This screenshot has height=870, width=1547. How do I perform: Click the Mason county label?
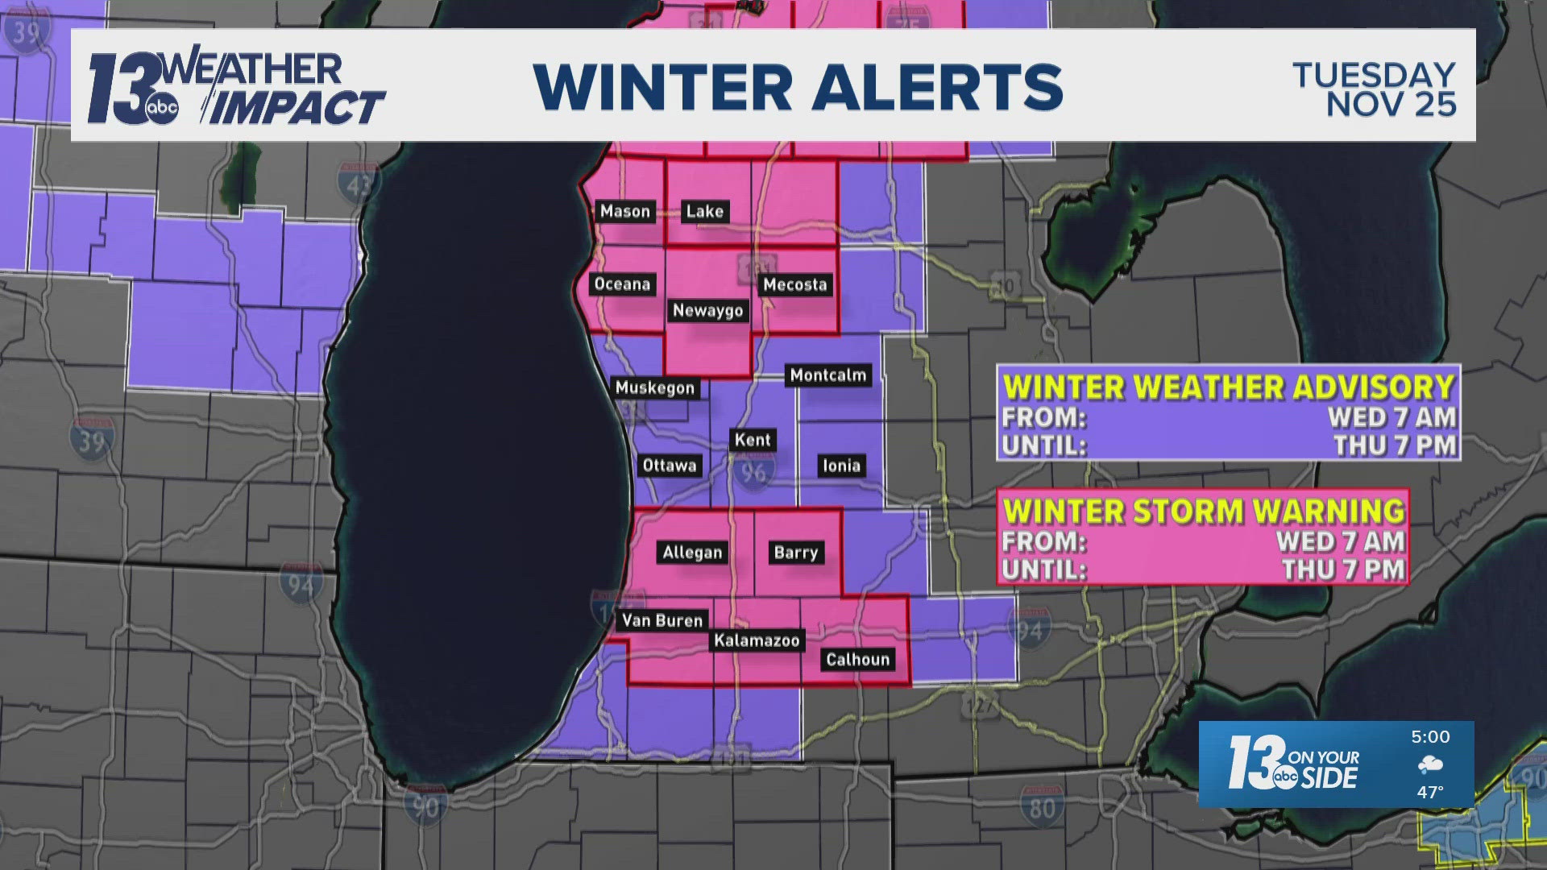624,212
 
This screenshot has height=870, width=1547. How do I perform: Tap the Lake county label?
704,212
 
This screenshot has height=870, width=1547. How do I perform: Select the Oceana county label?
622,284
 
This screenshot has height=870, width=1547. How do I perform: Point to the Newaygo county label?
707,311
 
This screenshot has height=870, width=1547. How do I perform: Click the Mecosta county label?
794,284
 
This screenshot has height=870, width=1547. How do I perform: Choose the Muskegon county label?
654,388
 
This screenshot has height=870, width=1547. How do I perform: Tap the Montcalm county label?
827,375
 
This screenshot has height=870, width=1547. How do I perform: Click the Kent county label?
753,440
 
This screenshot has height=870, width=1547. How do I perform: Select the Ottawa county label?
669,466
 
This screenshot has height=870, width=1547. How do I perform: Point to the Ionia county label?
841,466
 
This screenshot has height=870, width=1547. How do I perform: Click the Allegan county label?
692,553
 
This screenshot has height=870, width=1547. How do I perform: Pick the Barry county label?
795,553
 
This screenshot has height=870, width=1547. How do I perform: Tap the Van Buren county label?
662,620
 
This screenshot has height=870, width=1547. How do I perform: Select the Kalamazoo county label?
756,641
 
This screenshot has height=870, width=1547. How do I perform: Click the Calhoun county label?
857,660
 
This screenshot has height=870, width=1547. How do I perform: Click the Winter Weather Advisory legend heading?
1228,387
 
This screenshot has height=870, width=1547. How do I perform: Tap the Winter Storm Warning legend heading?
1204,512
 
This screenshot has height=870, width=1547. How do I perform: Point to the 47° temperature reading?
1430,793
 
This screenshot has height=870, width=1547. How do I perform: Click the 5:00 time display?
1430,737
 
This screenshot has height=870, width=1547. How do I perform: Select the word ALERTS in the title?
937,86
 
